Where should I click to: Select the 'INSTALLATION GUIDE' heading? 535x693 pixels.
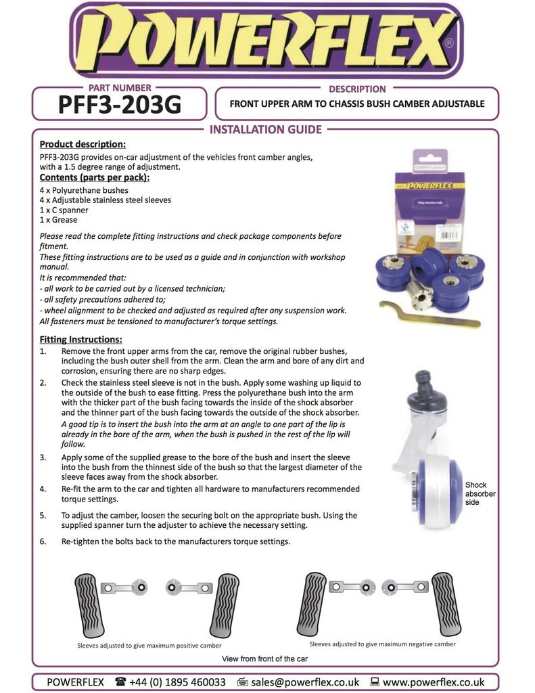coord(266,129)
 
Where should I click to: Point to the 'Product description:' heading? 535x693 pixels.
coord(82,144)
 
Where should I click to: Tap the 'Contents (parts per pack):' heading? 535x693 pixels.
coord(95,177)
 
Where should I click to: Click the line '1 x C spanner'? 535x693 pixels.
coord(64,210)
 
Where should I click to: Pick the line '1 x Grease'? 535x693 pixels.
coord(59,220)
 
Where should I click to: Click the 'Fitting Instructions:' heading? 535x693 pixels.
coord(80,339)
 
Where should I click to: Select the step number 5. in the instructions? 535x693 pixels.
coord(43,516)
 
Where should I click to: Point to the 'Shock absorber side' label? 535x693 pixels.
coord(480,493)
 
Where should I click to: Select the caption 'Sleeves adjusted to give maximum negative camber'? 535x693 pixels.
coord(382,644)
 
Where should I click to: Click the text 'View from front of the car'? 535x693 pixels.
coord(264,658)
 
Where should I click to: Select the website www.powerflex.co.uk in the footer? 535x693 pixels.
coord(433,682)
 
